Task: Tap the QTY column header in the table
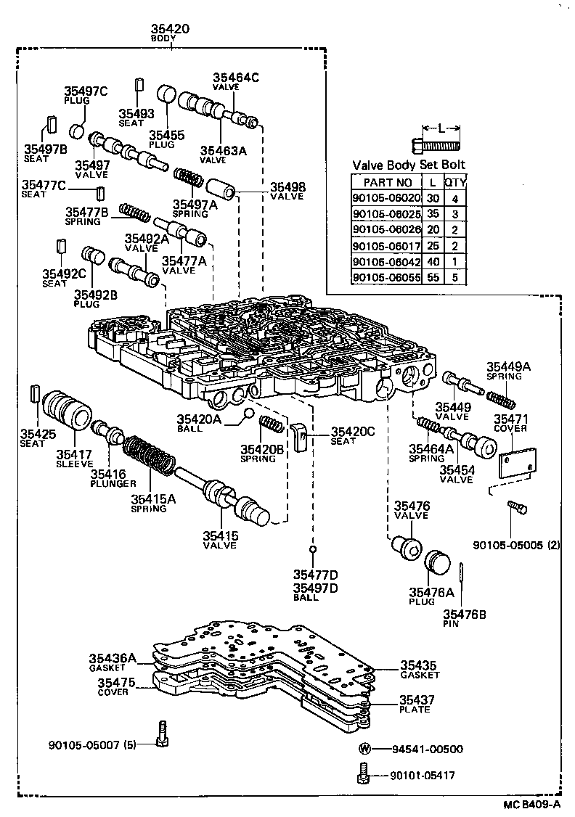455,182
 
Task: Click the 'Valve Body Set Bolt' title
409,165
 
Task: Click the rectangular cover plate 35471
520,462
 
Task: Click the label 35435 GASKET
420,669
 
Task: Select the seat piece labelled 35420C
300,437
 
